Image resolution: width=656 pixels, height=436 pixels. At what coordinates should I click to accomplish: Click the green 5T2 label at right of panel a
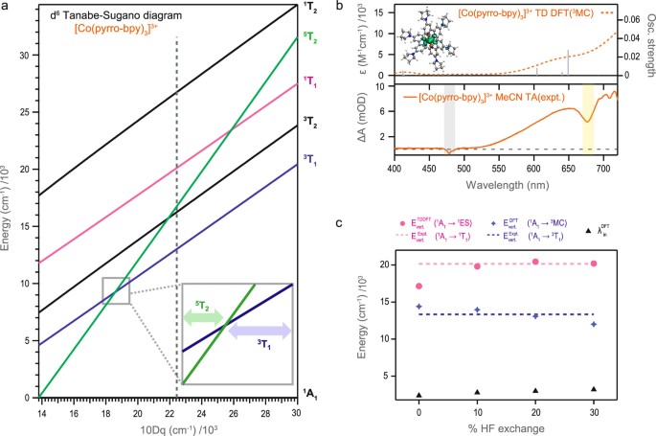point(307,38)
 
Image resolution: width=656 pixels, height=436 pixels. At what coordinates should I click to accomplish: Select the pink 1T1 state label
point(307,83)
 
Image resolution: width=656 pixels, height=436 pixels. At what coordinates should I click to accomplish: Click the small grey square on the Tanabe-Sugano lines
point(115,290)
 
